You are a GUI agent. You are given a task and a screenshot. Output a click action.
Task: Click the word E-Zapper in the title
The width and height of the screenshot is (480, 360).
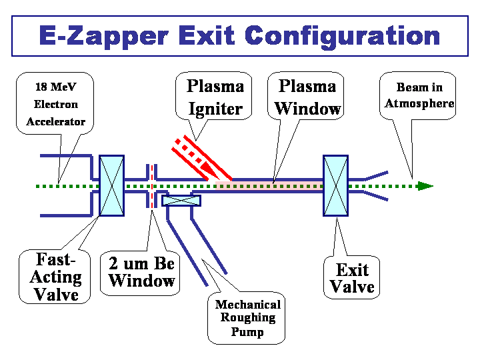tap(104, 37)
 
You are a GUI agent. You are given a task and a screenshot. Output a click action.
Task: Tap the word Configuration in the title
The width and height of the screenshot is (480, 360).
tap(343, 37)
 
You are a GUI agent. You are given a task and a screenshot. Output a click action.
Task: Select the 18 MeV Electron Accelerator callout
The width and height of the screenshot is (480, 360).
tap(55, 103)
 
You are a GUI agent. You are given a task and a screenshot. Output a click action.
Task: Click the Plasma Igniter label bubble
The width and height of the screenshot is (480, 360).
tap(214, 96)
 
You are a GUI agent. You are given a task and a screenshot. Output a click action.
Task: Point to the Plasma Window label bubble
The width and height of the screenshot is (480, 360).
tap(306, 96)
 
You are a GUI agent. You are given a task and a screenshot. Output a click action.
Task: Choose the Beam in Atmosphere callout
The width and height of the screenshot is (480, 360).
tap(418, 96)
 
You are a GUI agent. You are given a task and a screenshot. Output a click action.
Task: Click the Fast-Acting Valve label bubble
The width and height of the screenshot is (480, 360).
tap(55, 277)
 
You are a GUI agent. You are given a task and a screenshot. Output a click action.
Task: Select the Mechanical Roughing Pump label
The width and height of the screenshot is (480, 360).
tap(247, 318)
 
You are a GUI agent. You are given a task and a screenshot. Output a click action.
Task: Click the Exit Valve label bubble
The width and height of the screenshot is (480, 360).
tap(352, 277)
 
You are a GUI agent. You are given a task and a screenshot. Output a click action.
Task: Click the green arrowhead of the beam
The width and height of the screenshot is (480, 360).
tap(425, 186)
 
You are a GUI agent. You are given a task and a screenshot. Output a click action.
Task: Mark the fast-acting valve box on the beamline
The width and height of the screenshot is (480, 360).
tap(112, 185)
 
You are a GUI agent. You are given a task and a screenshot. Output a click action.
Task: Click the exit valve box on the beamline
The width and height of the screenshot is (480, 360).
tap(336, 185)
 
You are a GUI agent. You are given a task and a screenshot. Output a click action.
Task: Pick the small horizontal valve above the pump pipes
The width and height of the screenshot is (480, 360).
tap(181, 201)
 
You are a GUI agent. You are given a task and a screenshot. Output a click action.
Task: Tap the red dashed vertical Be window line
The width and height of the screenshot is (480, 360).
tap(152, 186)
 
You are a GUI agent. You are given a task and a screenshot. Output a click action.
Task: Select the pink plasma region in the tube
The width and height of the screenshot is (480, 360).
tap(269, 186)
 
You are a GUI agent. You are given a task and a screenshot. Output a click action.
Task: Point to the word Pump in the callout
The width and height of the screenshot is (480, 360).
tap(247, 332)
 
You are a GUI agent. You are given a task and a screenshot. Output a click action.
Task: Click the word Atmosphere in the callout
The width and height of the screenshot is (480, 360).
tap(419, 103)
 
